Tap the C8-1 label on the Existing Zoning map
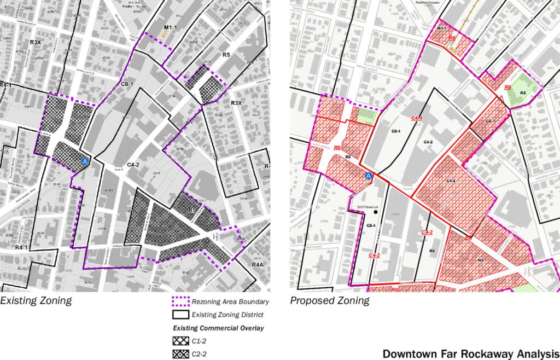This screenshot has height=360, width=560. pyautogui.click(x=127, y=85)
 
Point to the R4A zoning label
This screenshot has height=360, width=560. pyautogui.click(x=259, y=265)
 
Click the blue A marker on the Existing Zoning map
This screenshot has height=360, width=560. pyautogui.click(x=85, y=162)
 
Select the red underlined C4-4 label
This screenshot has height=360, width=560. pyautogui.click(x=417, y=118)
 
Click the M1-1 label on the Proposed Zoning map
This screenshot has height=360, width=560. pyautogui.click(x=442, y=28)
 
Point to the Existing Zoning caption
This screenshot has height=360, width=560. pyautogui.click(x=36, y=300)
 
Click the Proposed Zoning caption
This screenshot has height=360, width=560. pyautogui.click(x=329, y=300)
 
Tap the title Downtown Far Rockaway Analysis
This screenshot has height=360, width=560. pyautogui.click(x=470, y=353)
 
